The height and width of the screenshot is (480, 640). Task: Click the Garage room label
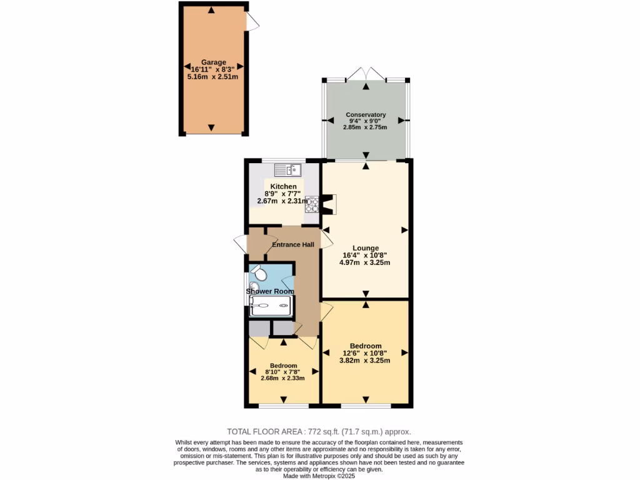212,62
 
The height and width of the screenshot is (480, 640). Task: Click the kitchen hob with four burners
311,205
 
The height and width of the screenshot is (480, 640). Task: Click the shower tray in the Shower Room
271,306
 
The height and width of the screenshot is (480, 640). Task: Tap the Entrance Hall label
292,244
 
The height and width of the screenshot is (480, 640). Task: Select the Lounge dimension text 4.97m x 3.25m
365,262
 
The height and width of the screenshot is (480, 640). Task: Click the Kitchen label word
283,187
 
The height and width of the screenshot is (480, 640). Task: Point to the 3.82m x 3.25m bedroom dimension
365,361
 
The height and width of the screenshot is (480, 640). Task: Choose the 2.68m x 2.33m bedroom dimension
283,377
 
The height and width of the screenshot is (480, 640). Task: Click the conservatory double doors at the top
366,73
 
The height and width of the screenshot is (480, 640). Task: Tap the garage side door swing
253,22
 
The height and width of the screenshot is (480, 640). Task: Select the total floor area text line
319,432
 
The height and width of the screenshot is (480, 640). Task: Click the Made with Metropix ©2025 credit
319,476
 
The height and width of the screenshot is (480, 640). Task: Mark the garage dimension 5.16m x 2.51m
212,76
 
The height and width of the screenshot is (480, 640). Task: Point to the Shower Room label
270,291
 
